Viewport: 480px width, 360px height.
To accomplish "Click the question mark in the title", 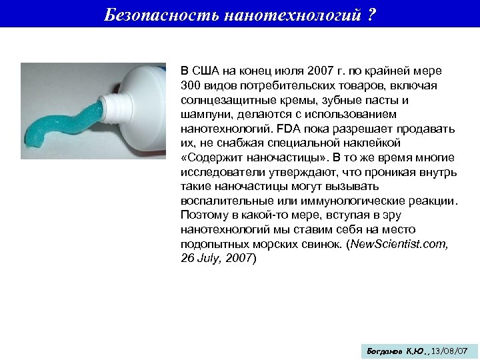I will click(371, 15).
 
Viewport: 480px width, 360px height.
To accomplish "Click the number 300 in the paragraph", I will click(190, 86).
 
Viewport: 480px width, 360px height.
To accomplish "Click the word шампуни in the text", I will click(204, 114).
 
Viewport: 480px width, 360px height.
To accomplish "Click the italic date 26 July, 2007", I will click(217, 257).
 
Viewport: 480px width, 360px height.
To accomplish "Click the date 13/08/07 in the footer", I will click(449, 350).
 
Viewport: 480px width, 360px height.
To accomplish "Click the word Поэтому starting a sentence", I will click(204, 215).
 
